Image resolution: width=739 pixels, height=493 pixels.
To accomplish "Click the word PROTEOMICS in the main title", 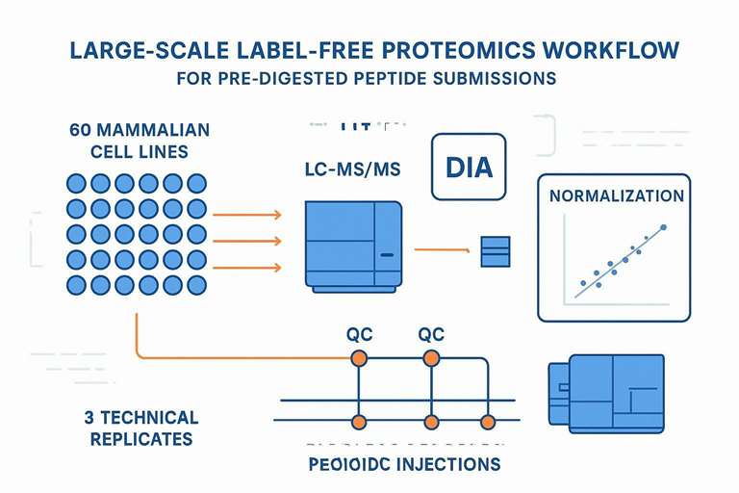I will tap(482, 48).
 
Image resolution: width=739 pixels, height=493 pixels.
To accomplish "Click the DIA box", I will tap(469, 167).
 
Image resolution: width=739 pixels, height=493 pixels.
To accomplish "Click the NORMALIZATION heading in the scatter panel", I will tap(616, 195).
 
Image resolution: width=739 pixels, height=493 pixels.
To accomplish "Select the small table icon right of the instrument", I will tap(494, 250).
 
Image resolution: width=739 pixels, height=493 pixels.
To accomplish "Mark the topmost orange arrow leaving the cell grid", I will tap(245, 214).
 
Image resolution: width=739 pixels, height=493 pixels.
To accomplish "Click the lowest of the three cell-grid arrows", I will tap(245, 268).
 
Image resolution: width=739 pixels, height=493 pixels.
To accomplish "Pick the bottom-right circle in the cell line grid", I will tap(197, 284).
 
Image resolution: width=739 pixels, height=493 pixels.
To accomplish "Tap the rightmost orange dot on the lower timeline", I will tap(488, 422).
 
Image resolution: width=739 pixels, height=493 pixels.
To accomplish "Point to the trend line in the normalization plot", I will tap(622, 255).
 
